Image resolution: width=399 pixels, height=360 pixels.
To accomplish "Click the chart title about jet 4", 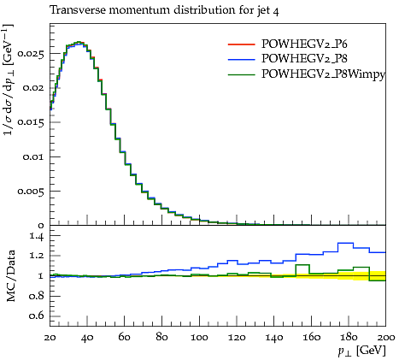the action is pos(164,10).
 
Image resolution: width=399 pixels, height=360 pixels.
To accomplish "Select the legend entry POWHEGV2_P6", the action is pos(304,44).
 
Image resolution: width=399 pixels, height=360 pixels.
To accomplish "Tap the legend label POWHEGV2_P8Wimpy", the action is pos(323,74).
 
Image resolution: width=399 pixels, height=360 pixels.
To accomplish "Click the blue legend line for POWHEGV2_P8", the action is pos(241,59).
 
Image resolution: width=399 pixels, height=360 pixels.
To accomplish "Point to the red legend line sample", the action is pos(241,44).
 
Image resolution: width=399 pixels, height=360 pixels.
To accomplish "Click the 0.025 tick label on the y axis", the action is pos(31,53).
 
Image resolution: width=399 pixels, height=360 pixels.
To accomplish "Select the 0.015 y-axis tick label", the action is pos(31,122).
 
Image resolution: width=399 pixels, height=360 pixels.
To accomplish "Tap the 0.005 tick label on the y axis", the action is pos(31,191).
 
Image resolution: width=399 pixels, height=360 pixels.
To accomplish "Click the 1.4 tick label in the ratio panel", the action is pos(37,236).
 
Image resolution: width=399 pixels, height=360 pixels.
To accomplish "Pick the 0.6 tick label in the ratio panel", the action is pos(37,316).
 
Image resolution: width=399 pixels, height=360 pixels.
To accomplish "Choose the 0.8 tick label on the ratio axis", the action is pos(37,296).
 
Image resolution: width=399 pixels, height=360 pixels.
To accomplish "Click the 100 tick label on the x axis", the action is pos(199,338).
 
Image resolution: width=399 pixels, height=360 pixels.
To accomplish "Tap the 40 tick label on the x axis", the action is pos(87,338).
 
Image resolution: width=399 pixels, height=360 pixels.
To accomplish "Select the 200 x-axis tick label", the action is pos(386,338).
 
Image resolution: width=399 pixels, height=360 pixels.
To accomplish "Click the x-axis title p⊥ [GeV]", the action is pos(361,351).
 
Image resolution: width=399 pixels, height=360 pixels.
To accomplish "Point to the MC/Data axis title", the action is pos(11,275).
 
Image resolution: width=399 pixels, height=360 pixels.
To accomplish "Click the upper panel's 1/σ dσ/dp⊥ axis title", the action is pos(8,80).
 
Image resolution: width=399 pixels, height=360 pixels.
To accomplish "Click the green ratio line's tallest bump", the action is pos(302,265).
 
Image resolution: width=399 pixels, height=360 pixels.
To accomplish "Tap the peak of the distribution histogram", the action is pos(79,42).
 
